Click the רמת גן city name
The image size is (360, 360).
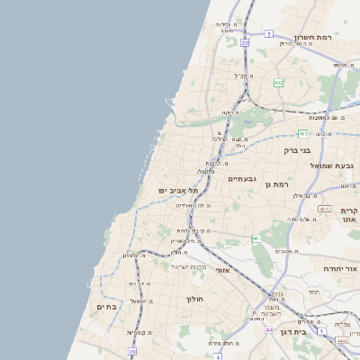pyautogui.click(x=277, y=184)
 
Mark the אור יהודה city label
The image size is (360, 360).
pyautogui.click(x=341, y=269)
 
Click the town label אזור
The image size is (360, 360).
pyautogui.click(x=223, y=269)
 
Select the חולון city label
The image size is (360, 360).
pyautogui.click(x=195, y=298)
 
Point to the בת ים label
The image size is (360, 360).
pyautogui.click(x=106, y=306)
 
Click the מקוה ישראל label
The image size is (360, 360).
pyautogui.click(x=189, y=267)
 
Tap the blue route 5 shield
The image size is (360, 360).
pyautogui.click(x=268, y=34)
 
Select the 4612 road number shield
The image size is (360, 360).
pyautogui.click(x=341, y=341)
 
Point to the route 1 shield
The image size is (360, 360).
pyautogui.click(x=256, y=238)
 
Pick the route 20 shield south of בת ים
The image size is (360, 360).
pyautogui.click(x=131, y=351)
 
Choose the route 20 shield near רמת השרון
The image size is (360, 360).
pyautogui.click(x=245, y=41)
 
